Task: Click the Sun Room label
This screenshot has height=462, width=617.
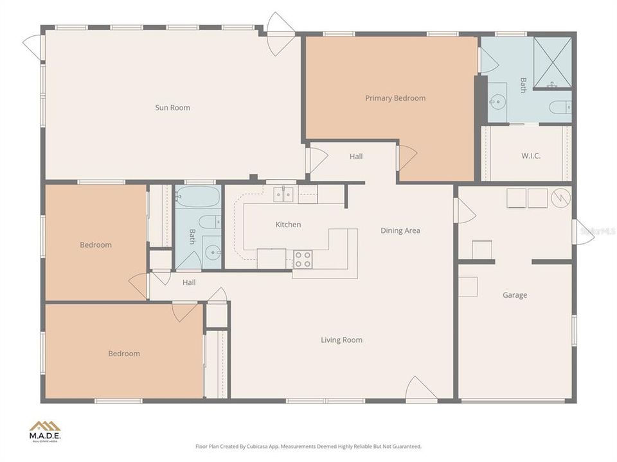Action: point(172,108)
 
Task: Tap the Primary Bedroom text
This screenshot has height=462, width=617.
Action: point(395,98)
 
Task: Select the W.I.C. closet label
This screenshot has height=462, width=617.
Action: point(530,155)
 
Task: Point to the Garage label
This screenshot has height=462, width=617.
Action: point(515,295)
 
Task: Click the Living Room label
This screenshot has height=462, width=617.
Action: point(341,340)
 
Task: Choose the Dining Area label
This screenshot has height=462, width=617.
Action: point(400,230)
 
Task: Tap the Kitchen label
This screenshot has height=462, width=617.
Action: point(288,225)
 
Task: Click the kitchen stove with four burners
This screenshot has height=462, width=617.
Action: point(303,259)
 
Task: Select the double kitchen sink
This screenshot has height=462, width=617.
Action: point(283,194)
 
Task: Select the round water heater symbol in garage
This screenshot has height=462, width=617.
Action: point(560,198)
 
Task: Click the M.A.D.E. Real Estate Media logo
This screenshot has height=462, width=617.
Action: point(45,431)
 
